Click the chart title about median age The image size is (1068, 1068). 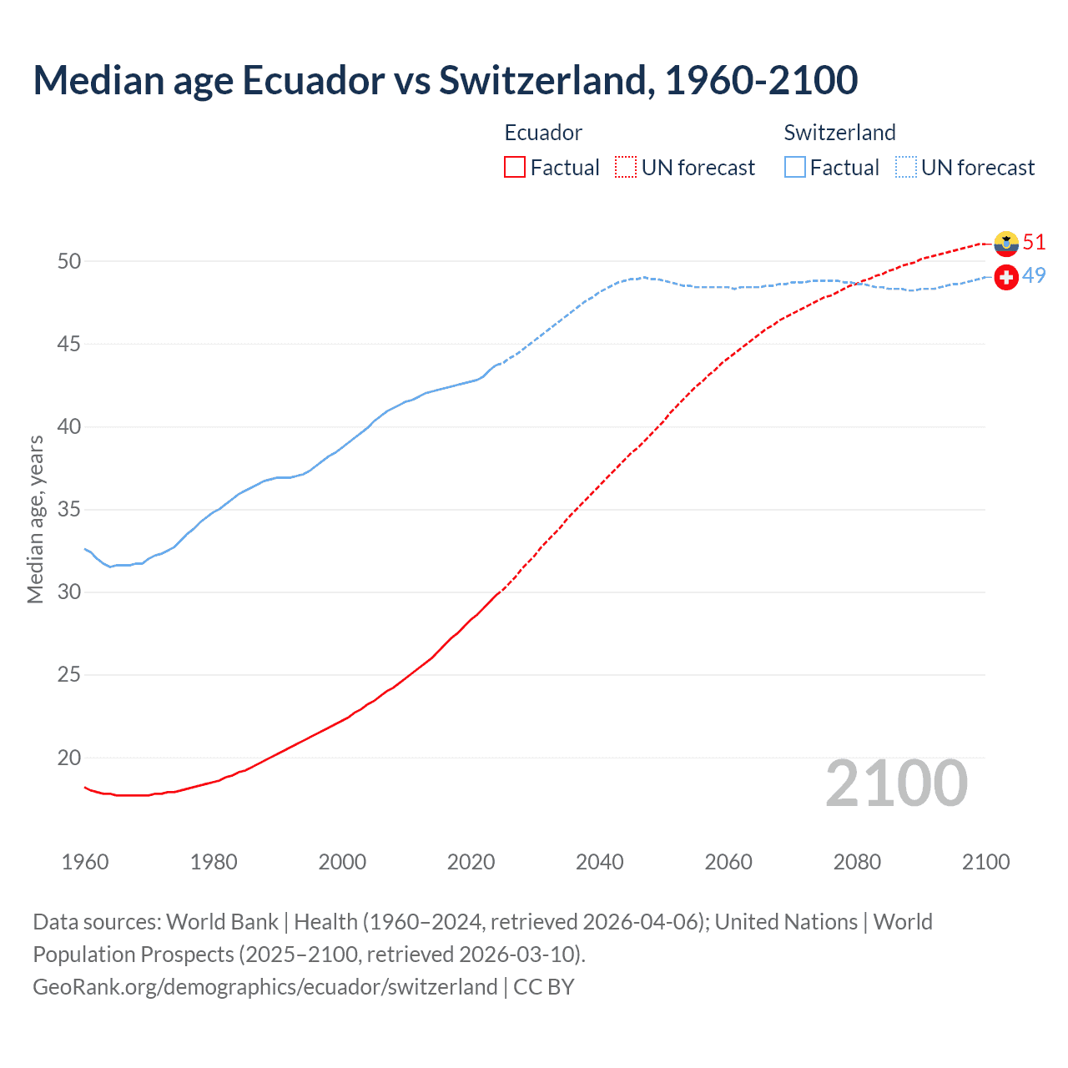[x=445, y=80]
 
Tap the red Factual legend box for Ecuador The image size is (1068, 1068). [x=515, y=167]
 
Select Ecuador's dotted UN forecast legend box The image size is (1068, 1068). [x=626, y=167]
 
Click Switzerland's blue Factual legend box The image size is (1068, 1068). [x=795, y=167]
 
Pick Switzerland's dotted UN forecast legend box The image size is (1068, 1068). [x=905, y=167]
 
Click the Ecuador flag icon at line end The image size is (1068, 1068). [x=1006, y=243]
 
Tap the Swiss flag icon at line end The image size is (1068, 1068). [x=1006, y=276]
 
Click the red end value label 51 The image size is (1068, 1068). [x=1034, y=242]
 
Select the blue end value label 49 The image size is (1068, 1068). [x=1034, y=275]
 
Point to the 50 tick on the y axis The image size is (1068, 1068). [x=69, y=261]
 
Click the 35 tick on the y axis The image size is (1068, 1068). [x=69, y=510]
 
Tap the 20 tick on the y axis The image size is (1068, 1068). [x=69, y=758]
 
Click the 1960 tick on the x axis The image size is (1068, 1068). [x=85, y=862]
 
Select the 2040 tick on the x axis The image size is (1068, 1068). [x=600, y=862]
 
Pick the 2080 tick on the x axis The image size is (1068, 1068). [x=857, y=862]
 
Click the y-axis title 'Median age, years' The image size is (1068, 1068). [x=35, y=519]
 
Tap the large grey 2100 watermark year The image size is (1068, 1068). [x=896, y=783]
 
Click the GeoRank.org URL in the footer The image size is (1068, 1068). [x=265, y=987]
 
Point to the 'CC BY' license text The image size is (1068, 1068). [x=544, y=987]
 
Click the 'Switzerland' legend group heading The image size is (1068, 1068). [x=839, y=133]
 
